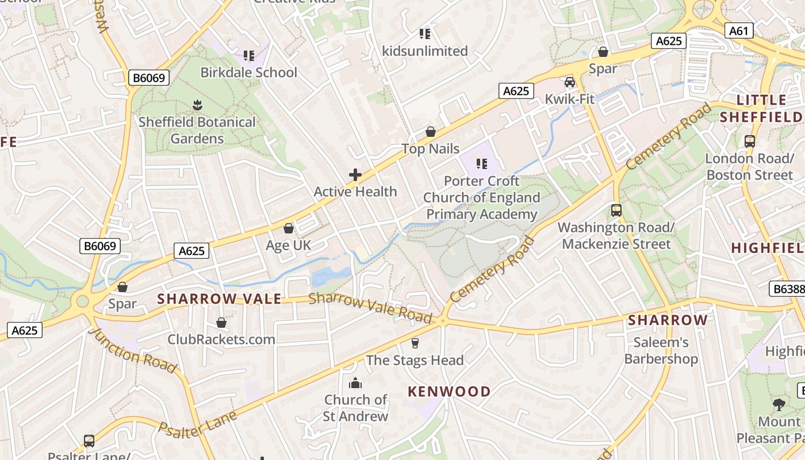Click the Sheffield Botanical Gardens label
(197, 131)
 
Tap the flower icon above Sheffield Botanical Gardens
(197, 105)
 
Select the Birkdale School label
(248, 72)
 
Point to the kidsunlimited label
(425, 51)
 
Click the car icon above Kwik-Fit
(569, 82)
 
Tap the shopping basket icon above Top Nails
(430, 132)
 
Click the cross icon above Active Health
(355, 175)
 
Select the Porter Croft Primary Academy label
(482, 198)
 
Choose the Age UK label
(288, 246)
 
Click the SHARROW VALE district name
(219, 299)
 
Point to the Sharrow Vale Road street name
(370, 308)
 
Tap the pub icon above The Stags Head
(415, 343)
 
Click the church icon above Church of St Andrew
(355, 383)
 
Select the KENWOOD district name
(449, 392)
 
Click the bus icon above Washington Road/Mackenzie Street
(616, 210)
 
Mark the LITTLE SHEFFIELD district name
(761, 109)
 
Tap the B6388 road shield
(787, 289)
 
